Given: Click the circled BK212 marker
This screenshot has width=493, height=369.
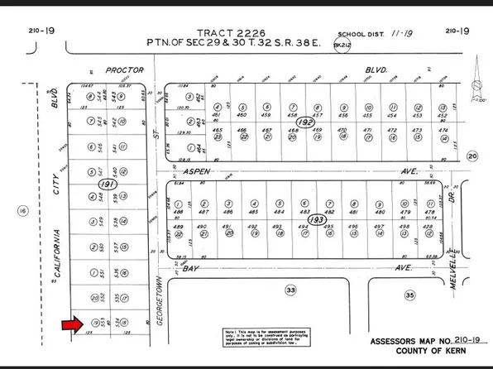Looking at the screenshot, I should tap(338, 46).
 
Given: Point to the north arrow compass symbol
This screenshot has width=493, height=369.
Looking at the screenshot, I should tap(476, 87).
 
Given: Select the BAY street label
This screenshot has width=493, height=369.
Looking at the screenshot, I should tap(193, 268).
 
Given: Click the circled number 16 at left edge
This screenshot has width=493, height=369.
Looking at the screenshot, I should tap(22, 212).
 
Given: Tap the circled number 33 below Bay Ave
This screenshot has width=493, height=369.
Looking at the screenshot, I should tap(290, 290).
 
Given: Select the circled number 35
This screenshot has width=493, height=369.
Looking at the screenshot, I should tap(409, 294).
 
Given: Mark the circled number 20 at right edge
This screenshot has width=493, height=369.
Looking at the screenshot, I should tap(473, 156).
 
